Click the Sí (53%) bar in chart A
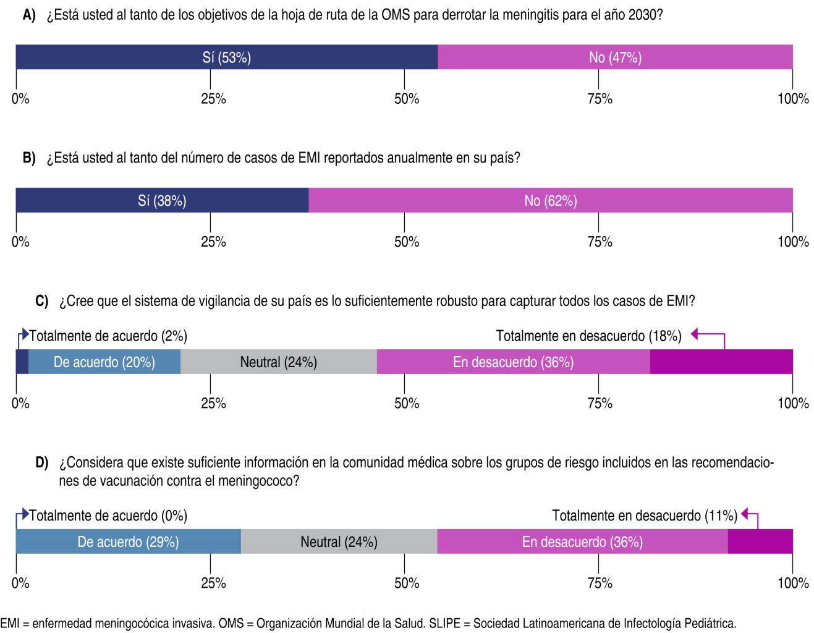coord(226,57)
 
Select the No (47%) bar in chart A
coord(615,57)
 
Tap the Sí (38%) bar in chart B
coord(162,200)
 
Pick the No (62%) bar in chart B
coord(550,200)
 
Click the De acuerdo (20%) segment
coord(104,362)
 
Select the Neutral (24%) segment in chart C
coord(278,362)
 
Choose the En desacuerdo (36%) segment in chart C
coord(513,362)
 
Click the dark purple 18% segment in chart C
coord(721,362)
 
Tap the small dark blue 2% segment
coord(22,362)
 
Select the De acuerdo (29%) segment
coord(128,542)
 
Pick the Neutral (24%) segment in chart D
coord(339,542)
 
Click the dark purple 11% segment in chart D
coord(760,542)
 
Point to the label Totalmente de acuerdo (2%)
coord(108,336)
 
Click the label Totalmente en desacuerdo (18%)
coord(588,336)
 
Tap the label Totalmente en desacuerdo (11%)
coord(644,516)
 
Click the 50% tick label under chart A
coord(407,99)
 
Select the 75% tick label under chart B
coord(600,242)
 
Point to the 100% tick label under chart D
coord(793,583)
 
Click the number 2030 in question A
coord(642,14)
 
